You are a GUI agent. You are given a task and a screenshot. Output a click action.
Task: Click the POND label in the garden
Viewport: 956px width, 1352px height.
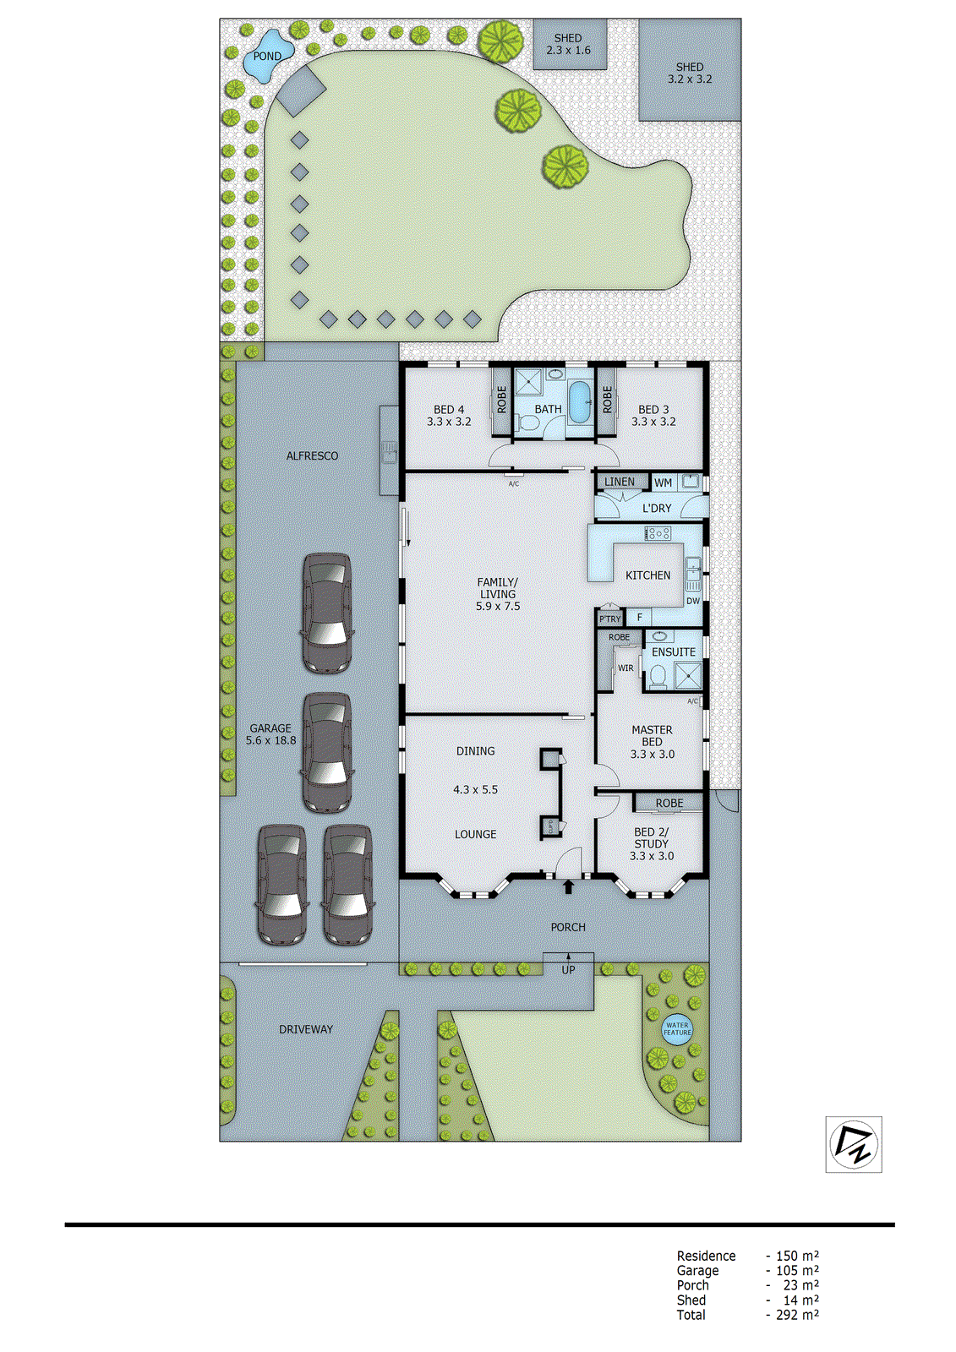pos(267,57)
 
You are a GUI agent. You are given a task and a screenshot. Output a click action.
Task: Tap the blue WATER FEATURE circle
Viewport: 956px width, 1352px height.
pos(677,1029)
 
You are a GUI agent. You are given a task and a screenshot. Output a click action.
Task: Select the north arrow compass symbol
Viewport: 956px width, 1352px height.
pos(854,1144)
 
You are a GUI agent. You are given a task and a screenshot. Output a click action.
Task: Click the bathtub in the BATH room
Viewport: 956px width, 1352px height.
pos(580,403)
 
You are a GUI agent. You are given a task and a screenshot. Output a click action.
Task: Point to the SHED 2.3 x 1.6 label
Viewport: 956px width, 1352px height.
pos(568,44)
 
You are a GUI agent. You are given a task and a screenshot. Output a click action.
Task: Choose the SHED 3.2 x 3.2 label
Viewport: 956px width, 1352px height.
pos(690,73)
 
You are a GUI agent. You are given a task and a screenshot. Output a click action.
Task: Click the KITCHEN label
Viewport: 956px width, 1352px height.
pos(647,575)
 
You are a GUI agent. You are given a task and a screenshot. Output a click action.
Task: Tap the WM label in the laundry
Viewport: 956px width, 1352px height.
pos(664,483)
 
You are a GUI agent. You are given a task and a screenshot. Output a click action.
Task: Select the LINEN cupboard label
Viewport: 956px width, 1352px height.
pos(620,482)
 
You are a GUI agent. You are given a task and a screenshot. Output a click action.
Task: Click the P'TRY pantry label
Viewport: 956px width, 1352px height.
pos(609,619)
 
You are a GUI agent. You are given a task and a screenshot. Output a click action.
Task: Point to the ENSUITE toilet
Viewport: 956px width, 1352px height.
pos(657,675)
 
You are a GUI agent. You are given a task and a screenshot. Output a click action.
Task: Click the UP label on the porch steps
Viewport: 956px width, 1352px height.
pos(568,970)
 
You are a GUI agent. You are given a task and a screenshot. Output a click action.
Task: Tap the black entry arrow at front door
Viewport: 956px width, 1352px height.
pos(568,886)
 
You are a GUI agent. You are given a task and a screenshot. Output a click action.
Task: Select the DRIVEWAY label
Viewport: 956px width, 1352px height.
pos(306,1029)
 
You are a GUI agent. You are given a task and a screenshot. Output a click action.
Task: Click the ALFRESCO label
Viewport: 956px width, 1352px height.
pos(312,456)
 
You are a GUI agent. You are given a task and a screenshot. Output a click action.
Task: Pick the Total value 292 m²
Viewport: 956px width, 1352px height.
pos(796,1315)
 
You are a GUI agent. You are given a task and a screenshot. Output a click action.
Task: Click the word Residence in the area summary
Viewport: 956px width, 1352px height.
pos(706,1256)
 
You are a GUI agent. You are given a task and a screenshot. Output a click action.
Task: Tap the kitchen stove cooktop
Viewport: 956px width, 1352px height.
pos(658,533)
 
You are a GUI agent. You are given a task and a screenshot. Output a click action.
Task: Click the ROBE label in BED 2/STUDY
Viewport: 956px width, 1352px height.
pos(669,803)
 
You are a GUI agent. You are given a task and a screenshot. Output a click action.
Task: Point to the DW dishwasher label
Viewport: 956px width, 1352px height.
pos(693,602)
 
